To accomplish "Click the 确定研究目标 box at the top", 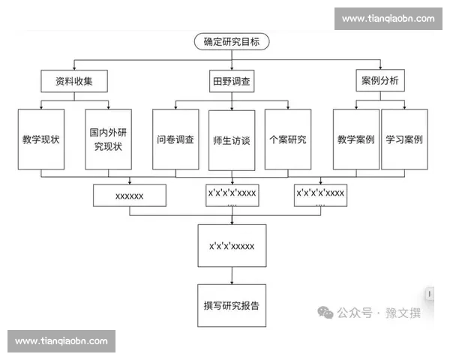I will point(231,42).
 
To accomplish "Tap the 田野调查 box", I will point(230,80).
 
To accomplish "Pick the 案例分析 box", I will point(380,80).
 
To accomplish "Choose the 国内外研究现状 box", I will point(110,139).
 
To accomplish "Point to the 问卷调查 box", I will point(175,139).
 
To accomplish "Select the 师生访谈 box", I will point(230,139).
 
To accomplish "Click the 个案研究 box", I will point(286,139).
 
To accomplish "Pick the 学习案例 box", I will point(404,139).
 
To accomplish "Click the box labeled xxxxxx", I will point(129,196).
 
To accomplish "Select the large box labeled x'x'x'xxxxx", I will point(232,245).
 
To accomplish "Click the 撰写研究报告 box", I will point(232,305).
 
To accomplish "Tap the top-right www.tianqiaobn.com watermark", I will point(388,19).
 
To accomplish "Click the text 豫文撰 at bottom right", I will point(406,313).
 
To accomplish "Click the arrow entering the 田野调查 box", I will point(231,67).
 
